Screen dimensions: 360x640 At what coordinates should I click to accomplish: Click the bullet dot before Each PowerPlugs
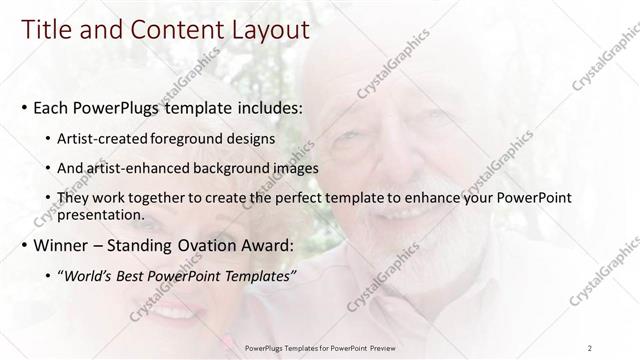(25, 108)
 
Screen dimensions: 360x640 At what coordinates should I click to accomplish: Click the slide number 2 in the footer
(590, 348)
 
